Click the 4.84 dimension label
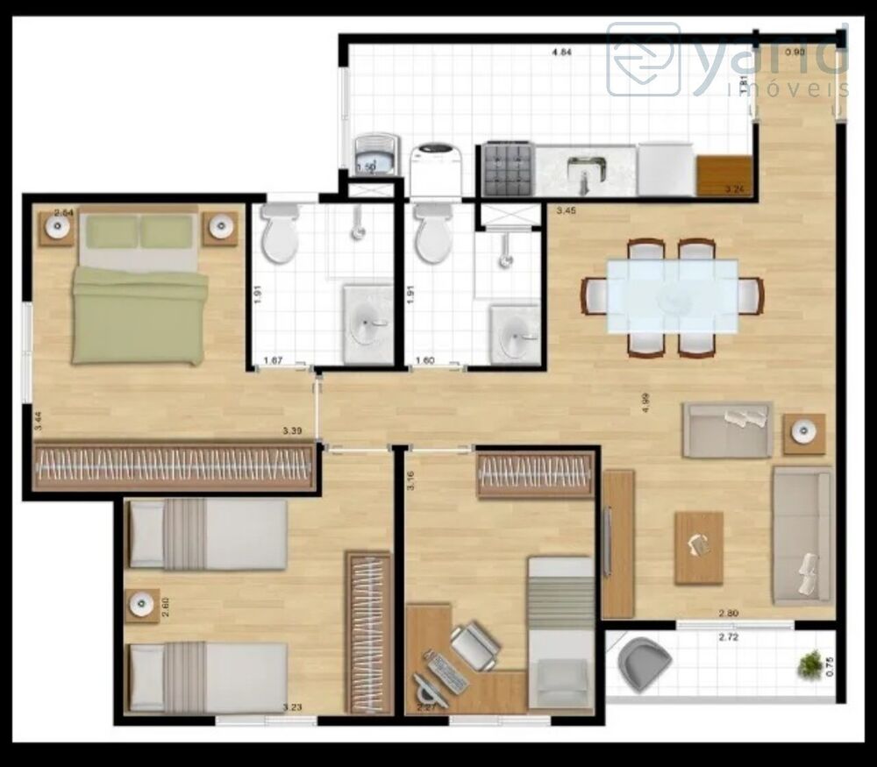pos(561,53)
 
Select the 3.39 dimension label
pos(293,431)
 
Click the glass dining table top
pos(673,295)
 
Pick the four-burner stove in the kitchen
pos(508,169)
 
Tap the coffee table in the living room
pos(698,548)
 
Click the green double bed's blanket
pos(139,316)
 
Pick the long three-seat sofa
pos(802,535)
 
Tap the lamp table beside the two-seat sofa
pos(804,432)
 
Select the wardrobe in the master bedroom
pos(174,466)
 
